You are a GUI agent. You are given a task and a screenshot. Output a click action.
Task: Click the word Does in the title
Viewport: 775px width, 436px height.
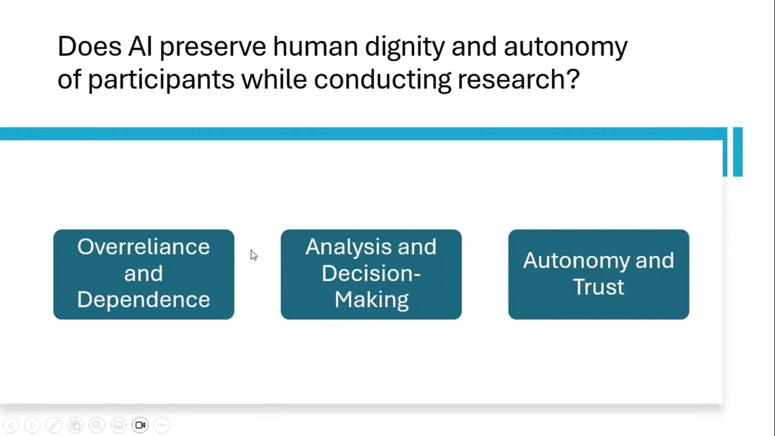point(89,47)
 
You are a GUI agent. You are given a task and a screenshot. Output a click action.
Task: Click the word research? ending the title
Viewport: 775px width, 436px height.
point(518,79)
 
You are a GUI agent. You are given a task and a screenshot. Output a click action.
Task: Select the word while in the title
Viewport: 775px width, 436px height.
point(274,79)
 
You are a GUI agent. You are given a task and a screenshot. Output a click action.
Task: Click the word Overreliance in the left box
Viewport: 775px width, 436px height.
point(143,247)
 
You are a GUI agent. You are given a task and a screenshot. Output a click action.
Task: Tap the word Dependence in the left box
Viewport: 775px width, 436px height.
point(143,300)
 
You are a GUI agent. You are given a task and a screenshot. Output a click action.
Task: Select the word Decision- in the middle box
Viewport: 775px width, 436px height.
point(371,273)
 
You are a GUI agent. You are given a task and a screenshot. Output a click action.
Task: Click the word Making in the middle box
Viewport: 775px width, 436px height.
point(371,300)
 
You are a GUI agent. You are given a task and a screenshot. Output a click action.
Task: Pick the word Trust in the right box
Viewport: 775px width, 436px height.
point(598,287)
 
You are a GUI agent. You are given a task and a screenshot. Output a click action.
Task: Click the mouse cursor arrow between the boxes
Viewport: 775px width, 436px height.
point(253,256)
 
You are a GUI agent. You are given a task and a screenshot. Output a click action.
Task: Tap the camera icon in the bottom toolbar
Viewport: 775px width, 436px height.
point(140,425)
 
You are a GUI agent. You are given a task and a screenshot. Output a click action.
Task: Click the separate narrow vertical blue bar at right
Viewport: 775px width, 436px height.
point(737,152)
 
